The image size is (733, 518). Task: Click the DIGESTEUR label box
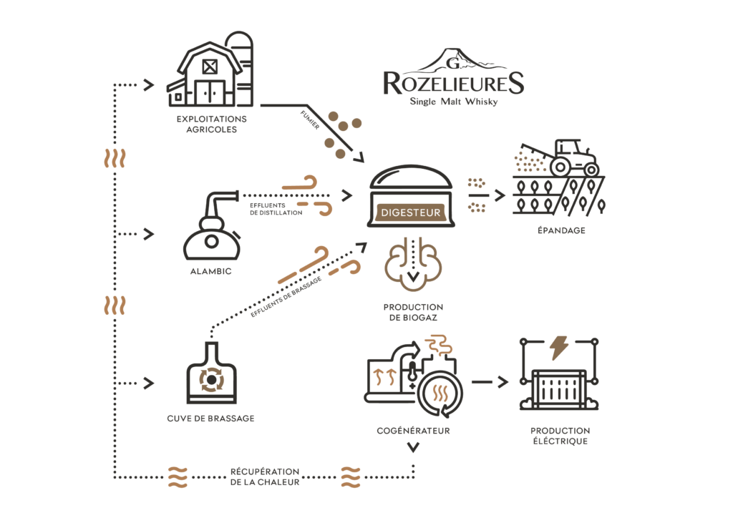pos(411,212)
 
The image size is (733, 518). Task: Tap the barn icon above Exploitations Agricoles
pos(205,74)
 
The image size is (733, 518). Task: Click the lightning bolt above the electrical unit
pos(558,348)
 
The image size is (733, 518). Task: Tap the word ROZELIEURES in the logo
pos(453,84)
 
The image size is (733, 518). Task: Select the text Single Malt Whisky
pos(453,102)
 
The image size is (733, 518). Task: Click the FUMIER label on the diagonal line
pos(310,119)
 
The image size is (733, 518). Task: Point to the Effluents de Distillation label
pos(276,209)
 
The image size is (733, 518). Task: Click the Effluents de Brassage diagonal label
pos(286,297)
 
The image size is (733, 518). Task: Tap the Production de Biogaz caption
pos(413,312)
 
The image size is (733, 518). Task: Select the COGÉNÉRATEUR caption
pos(413,431)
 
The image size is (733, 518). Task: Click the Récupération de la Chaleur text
pos(265,477)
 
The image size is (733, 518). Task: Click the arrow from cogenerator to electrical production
pos(490,382)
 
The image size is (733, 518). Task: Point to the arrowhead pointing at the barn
pos(149,84)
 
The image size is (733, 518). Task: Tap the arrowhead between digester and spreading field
pos(500,195)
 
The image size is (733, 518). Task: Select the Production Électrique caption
pos(560,436)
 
